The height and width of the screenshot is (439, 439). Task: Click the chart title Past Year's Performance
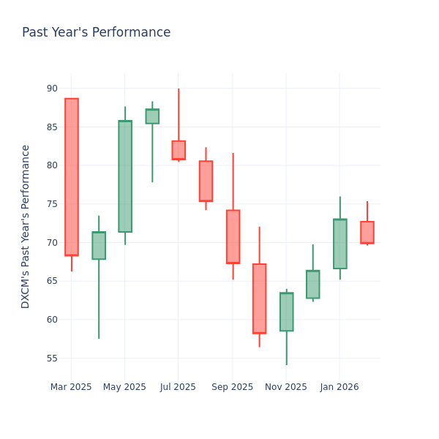click(x=96, y=33)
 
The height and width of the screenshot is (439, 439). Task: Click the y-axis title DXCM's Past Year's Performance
click(x=26, y=226)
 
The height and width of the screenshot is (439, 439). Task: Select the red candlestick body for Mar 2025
click(x=72, y=177)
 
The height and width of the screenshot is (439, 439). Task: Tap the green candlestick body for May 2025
click(x=125, y=176)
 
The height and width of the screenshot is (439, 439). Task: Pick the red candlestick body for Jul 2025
click(x=179, y=150)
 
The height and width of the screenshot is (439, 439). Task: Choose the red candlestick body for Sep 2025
click(x=233, y=236)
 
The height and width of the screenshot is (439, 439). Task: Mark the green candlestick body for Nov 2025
click(x=286, y=312)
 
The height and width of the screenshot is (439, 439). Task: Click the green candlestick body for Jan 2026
click(x=339, y=244)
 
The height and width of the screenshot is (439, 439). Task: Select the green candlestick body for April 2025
click(x=99, y=246)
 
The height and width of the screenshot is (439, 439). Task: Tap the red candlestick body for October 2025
click(x=259, y=299)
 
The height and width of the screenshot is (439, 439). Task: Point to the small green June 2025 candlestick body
click(x=152, y=116)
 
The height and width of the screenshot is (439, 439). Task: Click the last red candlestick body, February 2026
click(x=367, y=233)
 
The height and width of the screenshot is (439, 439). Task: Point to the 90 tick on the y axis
click(x=52, y=89)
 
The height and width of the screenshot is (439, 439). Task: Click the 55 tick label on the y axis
click(x=52, y=358)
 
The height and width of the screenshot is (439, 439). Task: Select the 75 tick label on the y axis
click(x=52, y=204)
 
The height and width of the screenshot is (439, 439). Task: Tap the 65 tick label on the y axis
click(x=52, y=281)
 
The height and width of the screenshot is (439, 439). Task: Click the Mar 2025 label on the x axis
click(x=71, y=387)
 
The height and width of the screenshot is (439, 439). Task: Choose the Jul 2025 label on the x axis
click(x=178, y=387)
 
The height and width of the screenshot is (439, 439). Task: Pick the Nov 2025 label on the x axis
click(x=286, y=387)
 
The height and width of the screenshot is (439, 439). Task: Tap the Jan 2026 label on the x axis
click(x=339, y=387)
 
